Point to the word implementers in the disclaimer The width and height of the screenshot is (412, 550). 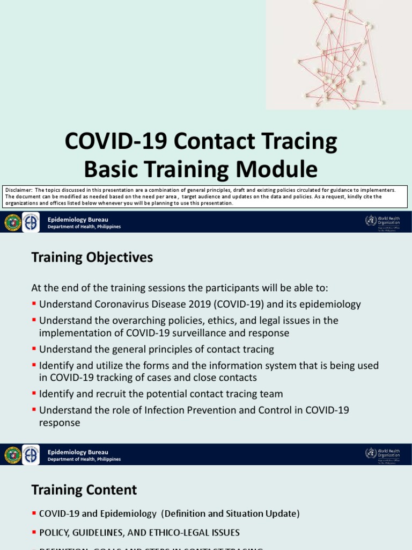click(x=378, y=190)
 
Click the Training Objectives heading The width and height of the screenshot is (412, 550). click(x=92, y=258)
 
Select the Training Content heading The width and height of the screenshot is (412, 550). click(x=84, y=490)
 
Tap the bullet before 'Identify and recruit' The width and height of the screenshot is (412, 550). click(x=34, y=394)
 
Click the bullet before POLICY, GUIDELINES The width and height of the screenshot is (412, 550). click(x=34, y=533)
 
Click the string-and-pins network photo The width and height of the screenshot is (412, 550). click(x=339, y=54)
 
